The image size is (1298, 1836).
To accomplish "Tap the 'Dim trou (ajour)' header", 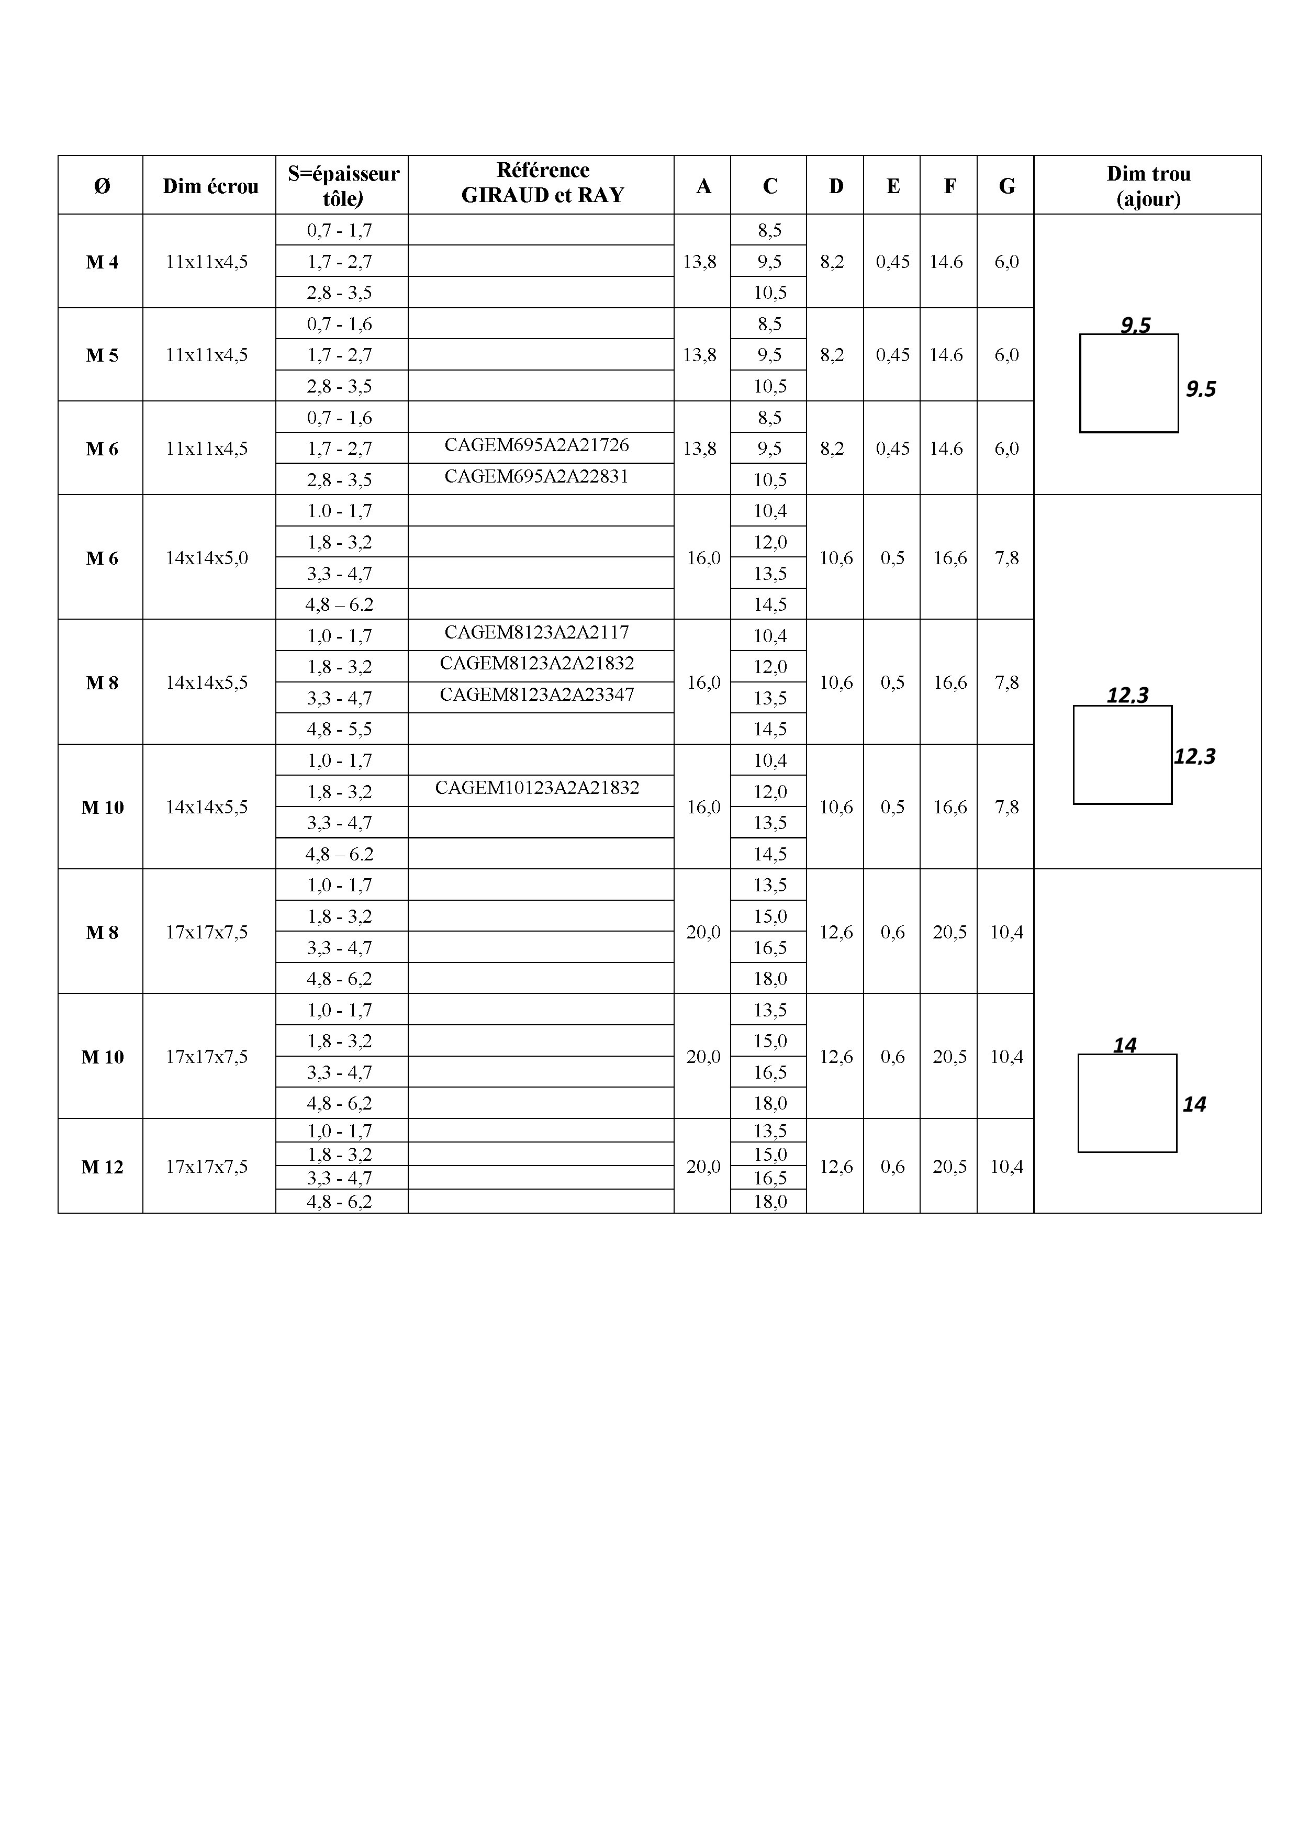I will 1148,185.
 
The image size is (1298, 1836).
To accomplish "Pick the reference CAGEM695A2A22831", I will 536,477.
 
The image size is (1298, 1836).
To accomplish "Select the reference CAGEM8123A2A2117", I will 536,633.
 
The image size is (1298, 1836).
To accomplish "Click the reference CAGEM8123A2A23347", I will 536,695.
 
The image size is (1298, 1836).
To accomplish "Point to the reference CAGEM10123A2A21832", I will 536,788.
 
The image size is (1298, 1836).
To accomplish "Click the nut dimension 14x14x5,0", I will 206,558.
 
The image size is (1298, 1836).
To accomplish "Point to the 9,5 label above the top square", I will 1135,324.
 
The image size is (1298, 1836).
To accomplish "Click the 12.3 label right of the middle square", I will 1194,756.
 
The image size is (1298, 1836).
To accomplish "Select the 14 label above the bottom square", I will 1124,1045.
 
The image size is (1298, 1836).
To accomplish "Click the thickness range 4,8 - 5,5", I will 340,729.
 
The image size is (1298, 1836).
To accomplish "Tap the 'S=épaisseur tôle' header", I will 343,185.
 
